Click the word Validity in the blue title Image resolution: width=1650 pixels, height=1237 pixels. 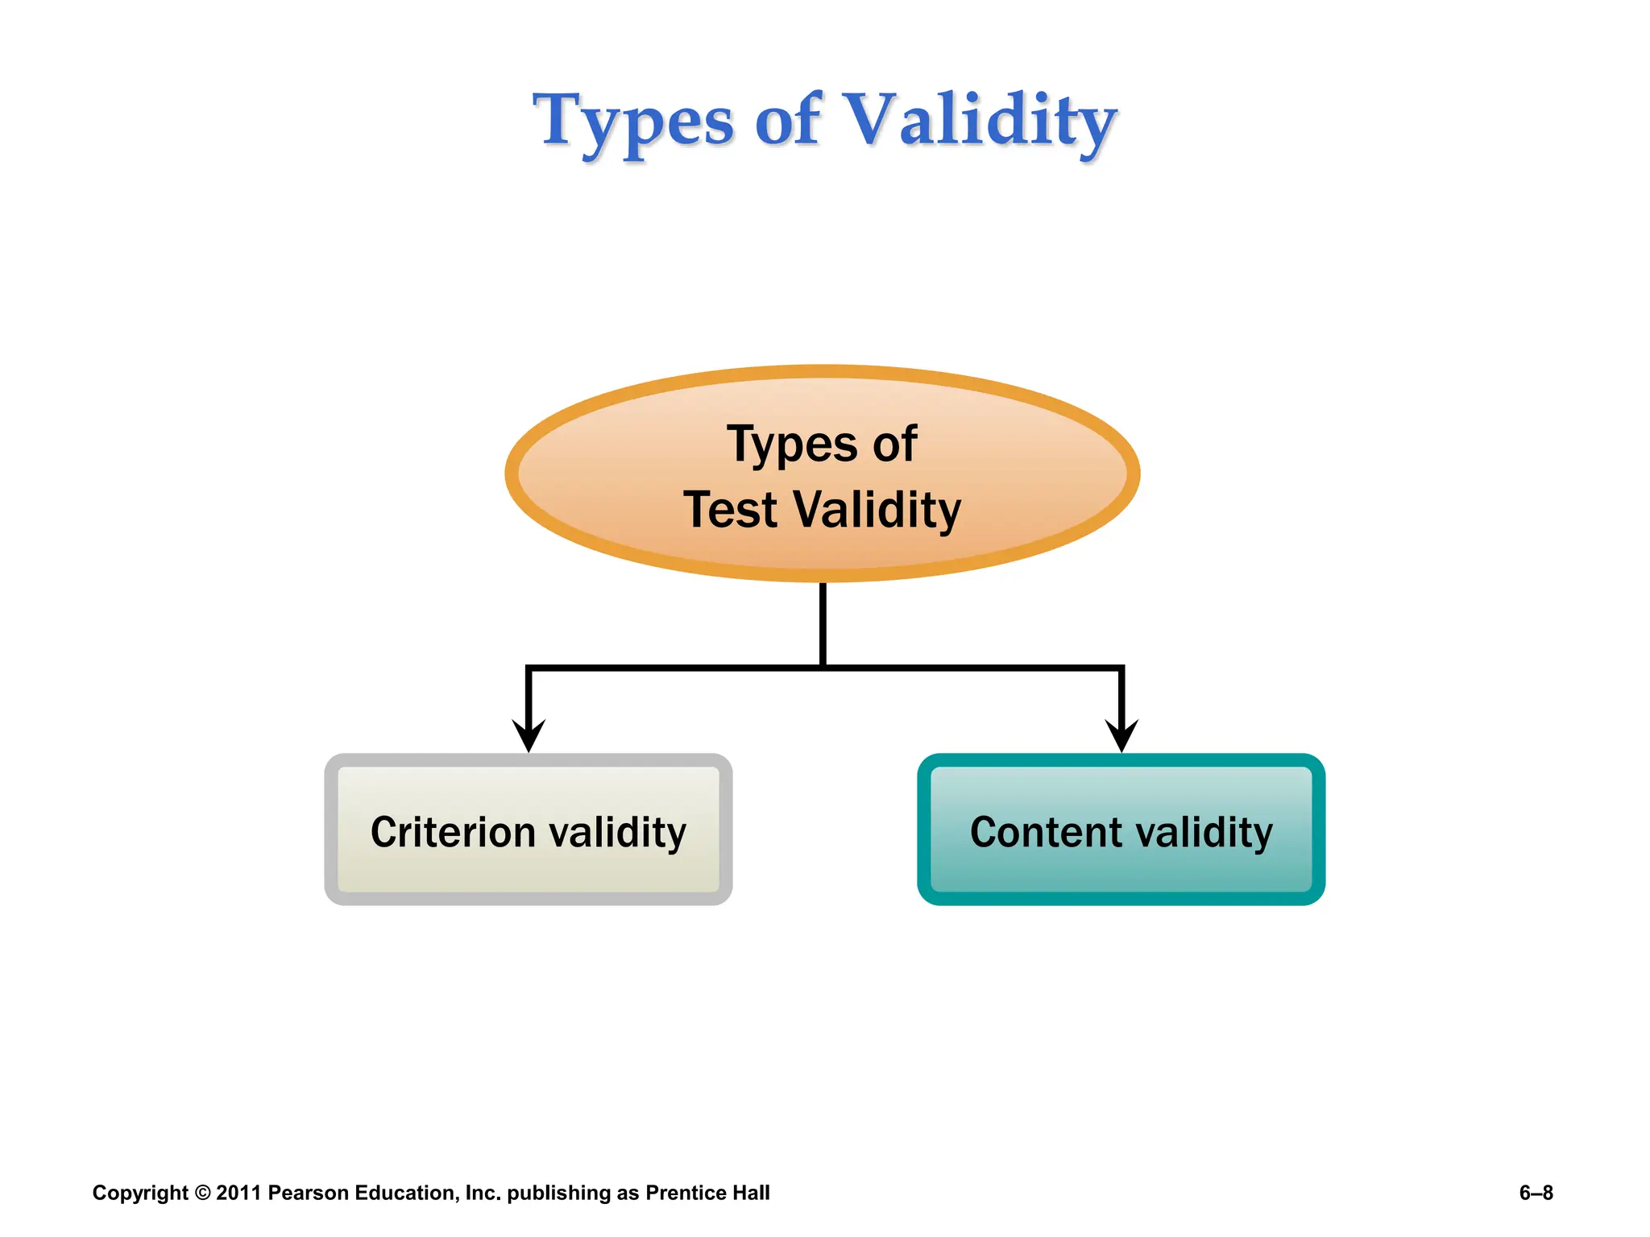pos(980,121)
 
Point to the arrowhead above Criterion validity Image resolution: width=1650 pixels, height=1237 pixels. pos(529,734)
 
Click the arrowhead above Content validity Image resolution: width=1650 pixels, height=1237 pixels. pos(1121,734)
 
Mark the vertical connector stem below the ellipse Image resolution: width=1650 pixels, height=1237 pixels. pos(823,624)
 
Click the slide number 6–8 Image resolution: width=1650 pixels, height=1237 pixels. pos(1536,1193)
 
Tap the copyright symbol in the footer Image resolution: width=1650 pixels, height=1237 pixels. pos(202,1193)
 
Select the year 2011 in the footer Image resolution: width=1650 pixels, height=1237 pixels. pos(238,1193)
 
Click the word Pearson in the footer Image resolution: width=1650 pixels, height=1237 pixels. pos(308,1193)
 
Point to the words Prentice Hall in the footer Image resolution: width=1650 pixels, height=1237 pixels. pos(707,1193)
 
